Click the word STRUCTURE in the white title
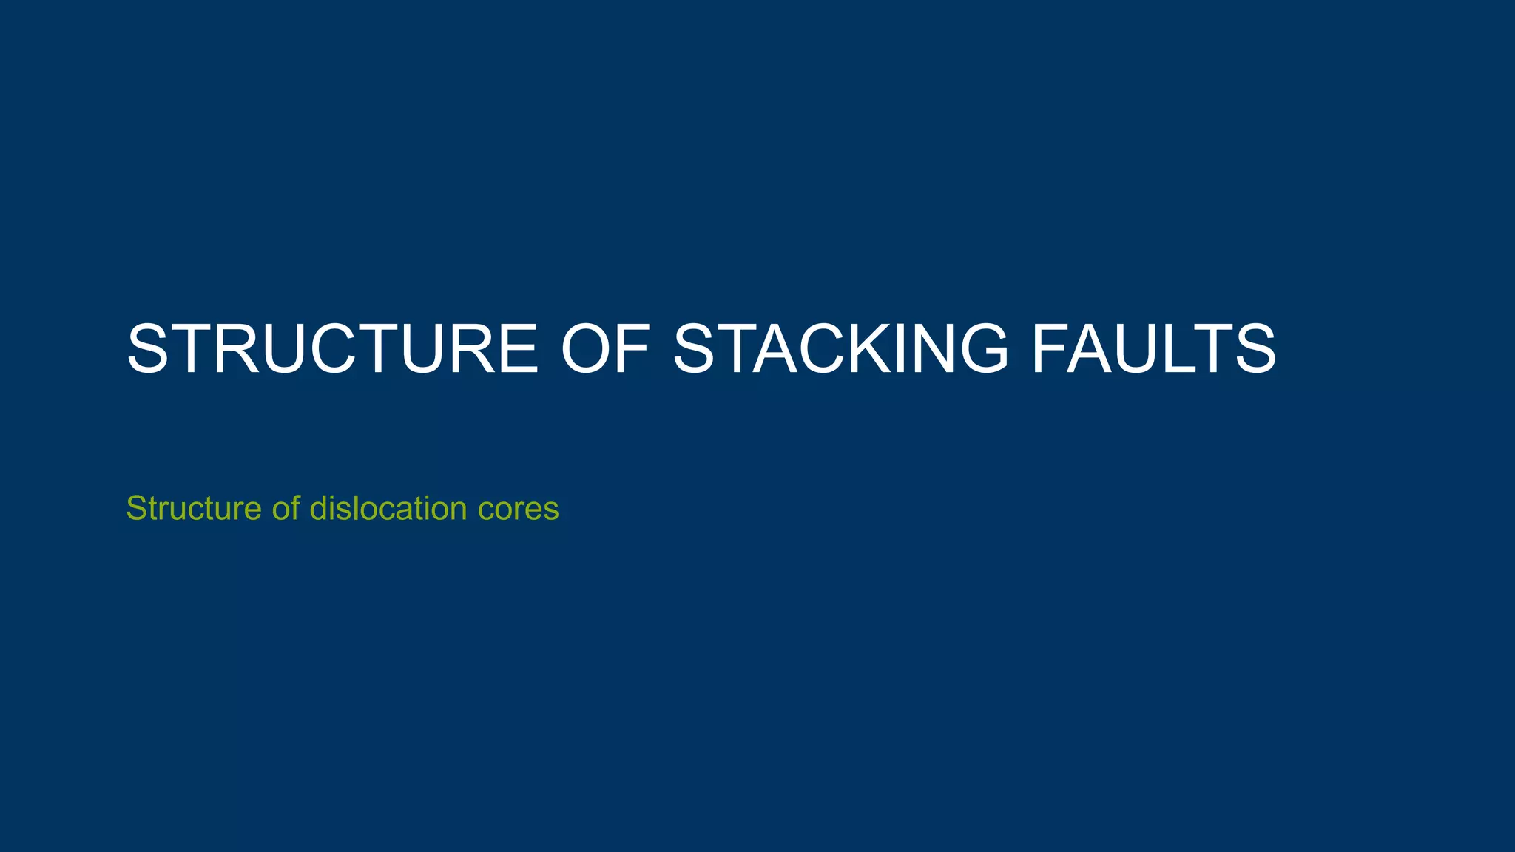coord(332,349)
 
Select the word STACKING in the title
coord(840,349)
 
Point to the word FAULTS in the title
coord(1154,349)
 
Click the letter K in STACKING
coord(863,349)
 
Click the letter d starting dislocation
coord(317,509)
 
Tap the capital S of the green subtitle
coord(136,509)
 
